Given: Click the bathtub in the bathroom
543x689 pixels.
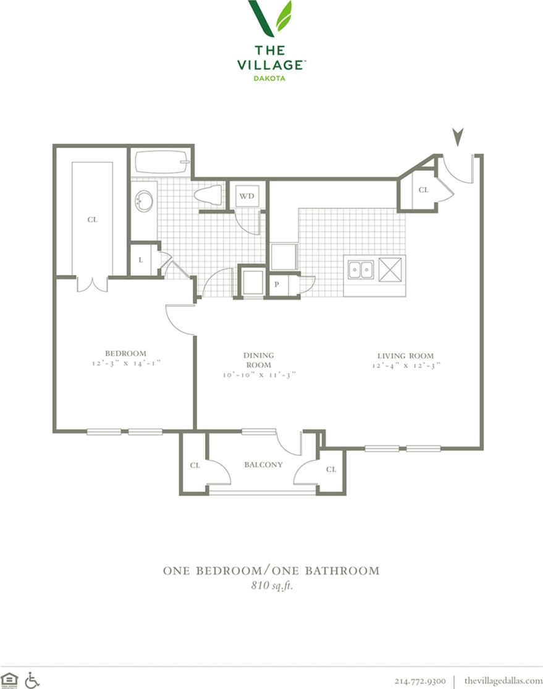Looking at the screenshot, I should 161,163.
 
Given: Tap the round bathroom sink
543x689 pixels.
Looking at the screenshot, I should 144,201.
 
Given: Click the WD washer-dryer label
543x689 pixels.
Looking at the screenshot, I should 246,197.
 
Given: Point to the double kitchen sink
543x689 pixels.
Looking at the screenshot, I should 360,270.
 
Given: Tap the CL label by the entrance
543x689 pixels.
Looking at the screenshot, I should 423,190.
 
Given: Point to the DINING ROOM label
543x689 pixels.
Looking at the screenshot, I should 258,360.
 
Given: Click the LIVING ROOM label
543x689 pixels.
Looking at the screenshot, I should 405,355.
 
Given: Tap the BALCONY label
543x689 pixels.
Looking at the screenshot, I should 263,465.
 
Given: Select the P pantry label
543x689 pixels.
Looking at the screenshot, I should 276,285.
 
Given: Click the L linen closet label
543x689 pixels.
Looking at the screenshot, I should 140,260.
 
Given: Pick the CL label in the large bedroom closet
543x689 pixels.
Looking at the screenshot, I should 91,219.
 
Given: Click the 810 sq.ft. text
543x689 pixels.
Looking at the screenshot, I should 271,586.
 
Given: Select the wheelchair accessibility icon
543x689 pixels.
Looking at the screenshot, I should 32,680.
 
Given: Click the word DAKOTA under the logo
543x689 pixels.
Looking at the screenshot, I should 271,78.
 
